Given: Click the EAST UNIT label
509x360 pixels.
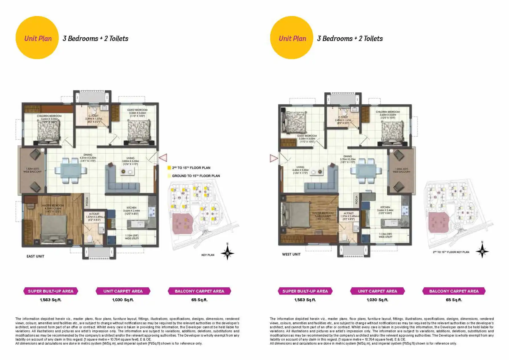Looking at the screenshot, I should click(35, 256).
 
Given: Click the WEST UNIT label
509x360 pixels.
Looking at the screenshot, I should click(291, 254).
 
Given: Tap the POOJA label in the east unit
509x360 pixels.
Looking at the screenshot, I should click(87, 201).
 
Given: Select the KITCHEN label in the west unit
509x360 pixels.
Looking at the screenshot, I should click(385, 207).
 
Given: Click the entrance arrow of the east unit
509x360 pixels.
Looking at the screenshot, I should click(163, 158).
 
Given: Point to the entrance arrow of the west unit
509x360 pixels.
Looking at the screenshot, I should click(273, 158).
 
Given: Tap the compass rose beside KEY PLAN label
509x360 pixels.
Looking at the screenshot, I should click(227, 253).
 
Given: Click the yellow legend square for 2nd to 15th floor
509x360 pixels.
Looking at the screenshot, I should click(169, 168).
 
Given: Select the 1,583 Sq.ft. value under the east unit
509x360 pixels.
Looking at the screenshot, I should click(50, 300).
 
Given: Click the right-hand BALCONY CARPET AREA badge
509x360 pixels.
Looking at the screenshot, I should click(454, 291).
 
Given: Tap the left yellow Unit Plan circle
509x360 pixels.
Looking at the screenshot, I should click(37, 38).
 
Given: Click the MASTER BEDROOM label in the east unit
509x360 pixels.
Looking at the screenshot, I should click(53, 206).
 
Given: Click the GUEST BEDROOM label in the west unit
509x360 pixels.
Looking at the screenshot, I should click(307, 136).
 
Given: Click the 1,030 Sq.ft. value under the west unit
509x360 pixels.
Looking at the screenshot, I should click(377, 300).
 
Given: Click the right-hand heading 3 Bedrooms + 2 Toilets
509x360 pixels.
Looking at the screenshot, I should click(350, 38).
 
